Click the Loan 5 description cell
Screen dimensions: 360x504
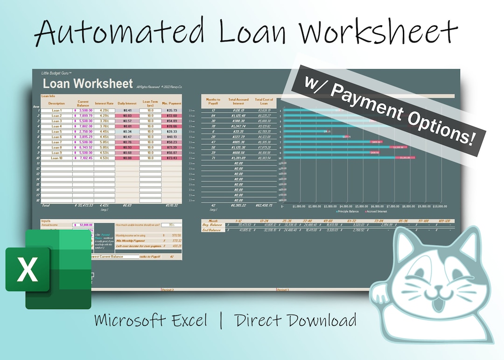tap(56, 132)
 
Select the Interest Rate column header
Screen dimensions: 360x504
tap(104, 104)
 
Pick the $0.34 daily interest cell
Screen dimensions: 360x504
tap(127, 132)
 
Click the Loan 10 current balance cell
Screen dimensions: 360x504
tap(83, 158)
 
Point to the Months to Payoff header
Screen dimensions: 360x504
tap(213, 101)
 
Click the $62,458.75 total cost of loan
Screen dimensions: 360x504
tap(264, 205)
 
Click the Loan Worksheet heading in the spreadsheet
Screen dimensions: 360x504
tap(88, 84)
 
